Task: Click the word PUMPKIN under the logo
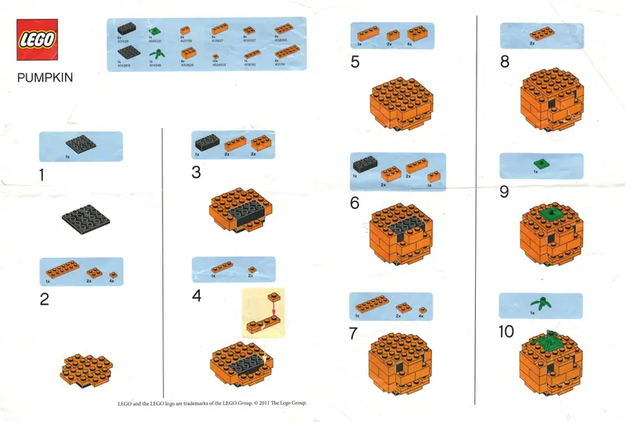[41, 79]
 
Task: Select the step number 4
[197, 295]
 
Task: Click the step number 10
[507, 332]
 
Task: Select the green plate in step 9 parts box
[537, 164]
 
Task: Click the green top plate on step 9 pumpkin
[550, 213]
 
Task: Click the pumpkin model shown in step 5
[398, 105]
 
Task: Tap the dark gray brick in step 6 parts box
[365, 165]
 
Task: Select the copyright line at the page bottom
[212, 403]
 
